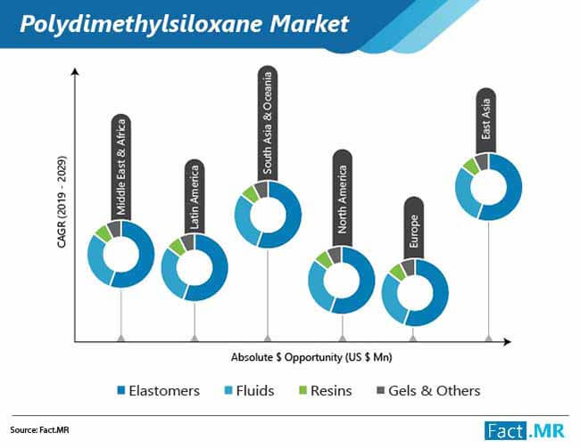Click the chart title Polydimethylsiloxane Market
pos(185,24)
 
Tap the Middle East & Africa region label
pos(121,167)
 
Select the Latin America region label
pos(195,197)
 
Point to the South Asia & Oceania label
pos(268,124)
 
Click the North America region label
pos(342,199)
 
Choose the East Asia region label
pos(485,120)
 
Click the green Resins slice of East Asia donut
pos(471,166)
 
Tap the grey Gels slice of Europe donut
pos(409,267)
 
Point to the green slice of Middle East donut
pos(103,233)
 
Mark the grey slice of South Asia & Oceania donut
pos(261,189)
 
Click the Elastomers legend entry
pos(158,391)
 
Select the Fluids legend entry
pos(250,391)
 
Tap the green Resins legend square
pos(303,390)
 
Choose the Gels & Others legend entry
pos(428,391)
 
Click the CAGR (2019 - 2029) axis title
pos(62,201)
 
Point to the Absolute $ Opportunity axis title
pos(311,357)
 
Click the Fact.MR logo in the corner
pos(525,431)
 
